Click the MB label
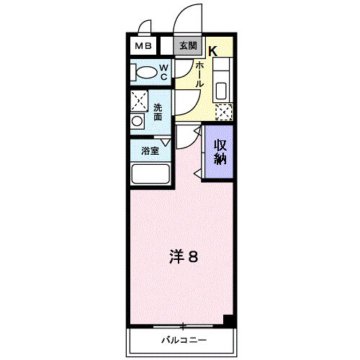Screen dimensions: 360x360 coord(142,46)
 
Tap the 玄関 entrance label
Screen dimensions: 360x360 coord(188,45)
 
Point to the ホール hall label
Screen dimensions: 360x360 coord(199,73)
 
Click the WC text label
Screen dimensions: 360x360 coord(163,71)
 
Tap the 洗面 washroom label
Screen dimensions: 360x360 coord(158,112)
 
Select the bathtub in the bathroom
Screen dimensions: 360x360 coord(150,174)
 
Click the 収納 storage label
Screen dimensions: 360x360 coord(220,150)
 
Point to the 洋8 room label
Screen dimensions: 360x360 coord(183,256)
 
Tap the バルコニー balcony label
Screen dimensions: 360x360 coord(184,339)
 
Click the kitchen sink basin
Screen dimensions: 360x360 coord(221,91)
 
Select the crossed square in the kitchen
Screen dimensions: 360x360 coord(224,112)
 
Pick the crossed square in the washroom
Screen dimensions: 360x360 coord(139,100)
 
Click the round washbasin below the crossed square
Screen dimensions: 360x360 coord(137,121)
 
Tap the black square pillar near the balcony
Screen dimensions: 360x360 coord(229,321)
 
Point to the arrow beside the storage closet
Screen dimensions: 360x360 coord(197,172)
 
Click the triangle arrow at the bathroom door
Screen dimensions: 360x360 coord(166,143)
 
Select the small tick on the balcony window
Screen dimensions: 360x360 coord(184,325)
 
